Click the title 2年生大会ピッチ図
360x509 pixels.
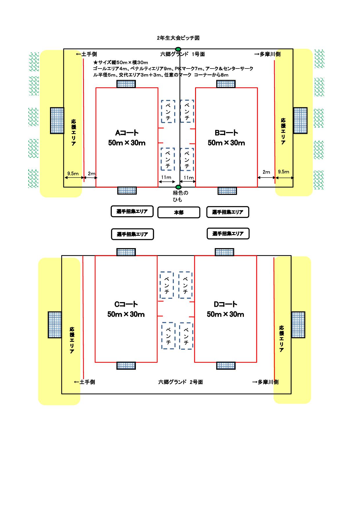(x=178, y=38)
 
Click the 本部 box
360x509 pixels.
(x=179, y=212)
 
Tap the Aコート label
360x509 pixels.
(x=127, y=133)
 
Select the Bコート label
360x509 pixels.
(x=226, y=133)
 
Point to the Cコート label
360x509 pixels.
(x=126, y=304)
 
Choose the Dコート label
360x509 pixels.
(x=226, y=304)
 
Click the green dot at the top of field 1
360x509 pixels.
(x=178, y=49)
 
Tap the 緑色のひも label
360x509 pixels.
(x=180, y=196)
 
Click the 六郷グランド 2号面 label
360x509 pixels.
(x=180, y=382)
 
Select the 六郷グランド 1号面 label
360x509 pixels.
(x=183, y=54)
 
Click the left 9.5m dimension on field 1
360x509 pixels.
(x=73, y=174)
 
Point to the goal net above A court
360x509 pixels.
(x=126, y=84)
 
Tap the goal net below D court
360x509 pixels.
(x=226, y=366)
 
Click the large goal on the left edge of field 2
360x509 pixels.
(x=55, y=325)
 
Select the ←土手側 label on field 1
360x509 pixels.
(x=86, y=54)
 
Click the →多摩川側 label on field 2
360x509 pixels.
(x=265, y=382)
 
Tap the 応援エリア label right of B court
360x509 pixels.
(x=283, y=131)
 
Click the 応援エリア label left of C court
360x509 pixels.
(x=72, y=340)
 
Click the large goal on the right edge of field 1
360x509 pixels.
(x=300, y=120)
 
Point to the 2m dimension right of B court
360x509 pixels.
(x=266, y=172)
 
